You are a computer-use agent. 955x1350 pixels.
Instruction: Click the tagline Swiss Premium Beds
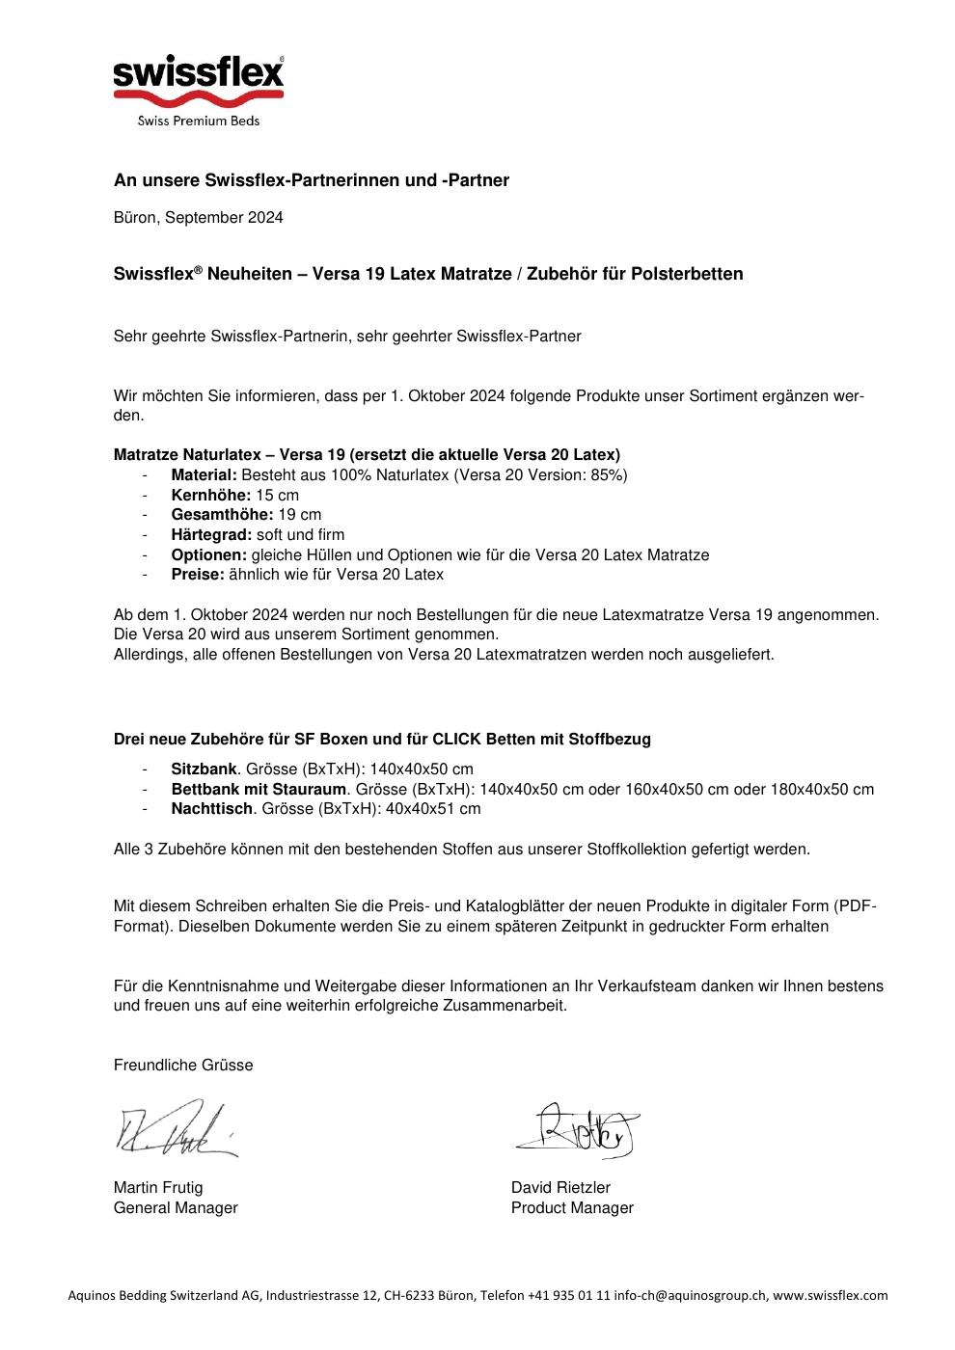199,121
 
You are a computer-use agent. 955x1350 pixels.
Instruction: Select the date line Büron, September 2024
199,218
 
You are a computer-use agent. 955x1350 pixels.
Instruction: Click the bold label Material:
204,475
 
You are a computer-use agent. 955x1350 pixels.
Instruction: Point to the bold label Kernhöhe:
210,495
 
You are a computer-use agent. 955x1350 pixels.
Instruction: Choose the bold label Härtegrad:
211,535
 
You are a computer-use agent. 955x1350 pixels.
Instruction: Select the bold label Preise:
198,575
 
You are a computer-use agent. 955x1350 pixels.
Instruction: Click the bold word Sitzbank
204,769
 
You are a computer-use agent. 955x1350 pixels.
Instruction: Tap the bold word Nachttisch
212,809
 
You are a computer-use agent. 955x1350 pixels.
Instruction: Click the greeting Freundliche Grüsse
183,1066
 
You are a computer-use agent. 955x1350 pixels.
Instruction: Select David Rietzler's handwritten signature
579,1130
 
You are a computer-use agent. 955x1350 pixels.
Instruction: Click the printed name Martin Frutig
158,1188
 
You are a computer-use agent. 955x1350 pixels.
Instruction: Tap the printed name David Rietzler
560,1188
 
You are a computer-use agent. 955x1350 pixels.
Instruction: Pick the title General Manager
176,1208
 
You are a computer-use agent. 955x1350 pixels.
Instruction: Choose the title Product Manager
572,1208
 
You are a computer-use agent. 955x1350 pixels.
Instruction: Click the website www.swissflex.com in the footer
830,1296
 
